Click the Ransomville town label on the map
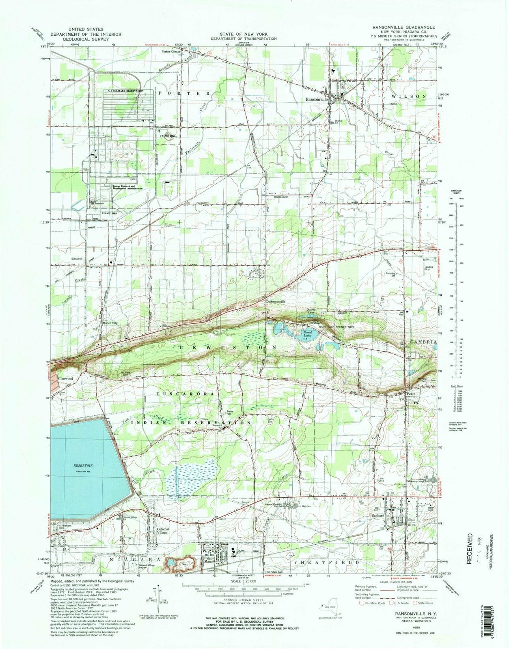(x=319, y=98)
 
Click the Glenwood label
(x=65, y=378)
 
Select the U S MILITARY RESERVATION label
(x=125, y=90)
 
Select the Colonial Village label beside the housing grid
(x=162, y=531)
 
